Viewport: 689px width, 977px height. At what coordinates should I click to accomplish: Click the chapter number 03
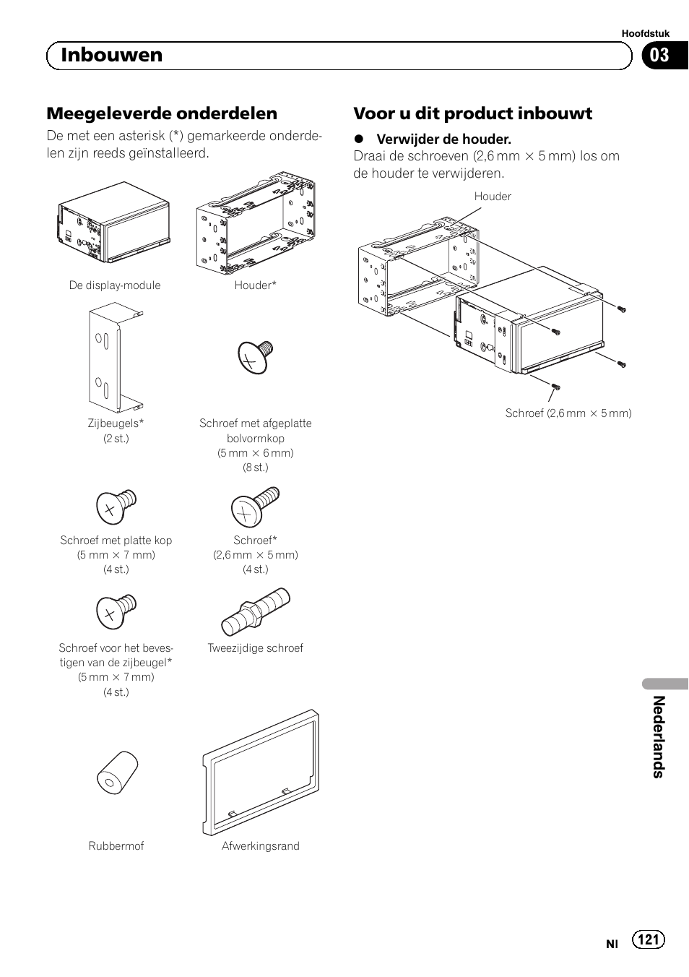coord(659,56)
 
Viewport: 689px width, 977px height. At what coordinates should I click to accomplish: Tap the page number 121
coord(649,939)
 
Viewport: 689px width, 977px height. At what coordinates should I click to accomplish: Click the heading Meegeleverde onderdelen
coord(162,113)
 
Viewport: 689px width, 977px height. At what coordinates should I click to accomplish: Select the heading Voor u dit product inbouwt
coord(472,113)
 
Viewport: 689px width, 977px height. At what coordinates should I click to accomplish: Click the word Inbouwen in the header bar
coord(112,56)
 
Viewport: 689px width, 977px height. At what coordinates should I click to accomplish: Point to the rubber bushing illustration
coord(118,772)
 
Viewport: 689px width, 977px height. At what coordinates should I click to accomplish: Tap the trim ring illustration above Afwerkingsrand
coord(261,772)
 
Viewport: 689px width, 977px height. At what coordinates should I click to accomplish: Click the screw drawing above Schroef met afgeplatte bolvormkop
coord(256,357)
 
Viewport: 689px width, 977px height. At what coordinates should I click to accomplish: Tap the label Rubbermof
coord(116,845)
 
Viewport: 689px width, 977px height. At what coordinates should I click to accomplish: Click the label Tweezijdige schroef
coord(256,647)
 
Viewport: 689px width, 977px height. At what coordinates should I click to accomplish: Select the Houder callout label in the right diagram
coord(493,196)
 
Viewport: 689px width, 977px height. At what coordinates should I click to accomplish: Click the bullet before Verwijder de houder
coord(357,139)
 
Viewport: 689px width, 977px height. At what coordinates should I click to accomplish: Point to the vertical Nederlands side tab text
coord(658,736)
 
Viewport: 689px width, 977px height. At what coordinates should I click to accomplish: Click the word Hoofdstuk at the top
coord(646,33)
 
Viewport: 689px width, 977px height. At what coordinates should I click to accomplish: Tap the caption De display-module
coord(115,285)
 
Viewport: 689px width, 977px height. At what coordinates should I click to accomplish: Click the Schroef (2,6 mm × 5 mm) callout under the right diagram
coord(568,413)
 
